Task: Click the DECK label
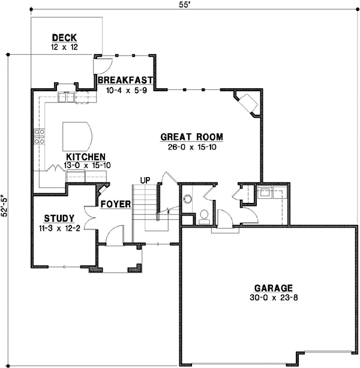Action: (x=64, y=38)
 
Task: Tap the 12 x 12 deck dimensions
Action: (x=64, y=47)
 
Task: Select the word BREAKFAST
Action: (x=125, y=80)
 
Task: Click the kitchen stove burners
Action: (x=40, y=138)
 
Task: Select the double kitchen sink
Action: (x=65, y=96)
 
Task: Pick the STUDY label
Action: (x=59, y=219)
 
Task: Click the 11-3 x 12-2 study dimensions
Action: (x=59, y=228)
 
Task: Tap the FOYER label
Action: (x=116, y=205)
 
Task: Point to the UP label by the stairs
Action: (x=145, y=180)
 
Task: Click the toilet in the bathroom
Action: (x=204, y=214)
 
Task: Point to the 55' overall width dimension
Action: (x=190, y=4)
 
